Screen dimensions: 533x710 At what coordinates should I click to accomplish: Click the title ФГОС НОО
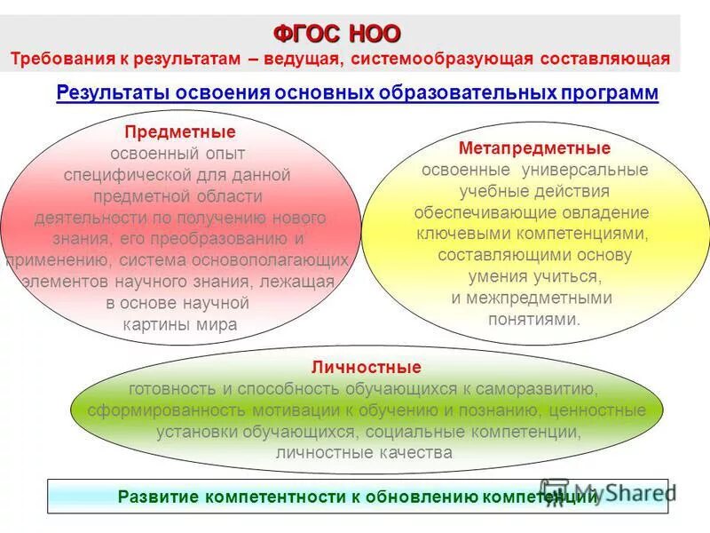(x=337, y=34)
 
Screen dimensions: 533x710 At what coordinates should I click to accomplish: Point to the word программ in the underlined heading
(x=611, y=92)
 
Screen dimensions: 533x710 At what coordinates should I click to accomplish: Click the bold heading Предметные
(x=180, y=132)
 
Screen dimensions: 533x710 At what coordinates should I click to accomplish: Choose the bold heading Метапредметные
(x=534, y=147)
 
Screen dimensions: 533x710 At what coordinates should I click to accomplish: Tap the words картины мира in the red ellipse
(x=180, y=324)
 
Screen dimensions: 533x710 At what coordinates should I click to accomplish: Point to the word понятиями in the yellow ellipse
(x=534, y=319)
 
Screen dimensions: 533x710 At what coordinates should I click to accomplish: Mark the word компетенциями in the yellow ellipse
(x=584, y=234)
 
